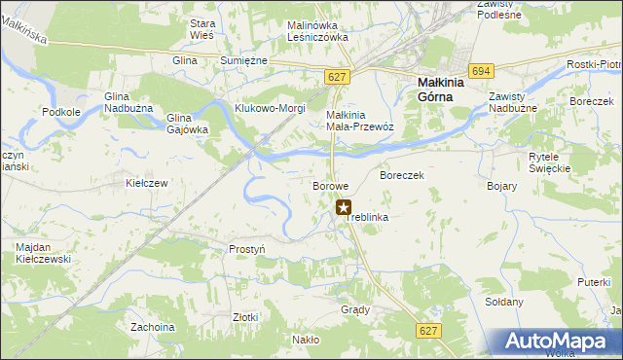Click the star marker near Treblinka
(344, 206)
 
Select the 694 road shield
(480, 71)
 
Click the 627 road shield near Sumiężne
(337, 77)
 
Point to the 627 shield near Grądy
(428, 331)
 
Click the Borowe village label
(330, 185)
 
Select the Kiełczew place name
(148, 183)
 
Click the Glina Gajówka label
(187, 124)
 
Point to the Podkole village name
(61, 112)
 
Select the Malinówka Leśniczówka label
(317, 31)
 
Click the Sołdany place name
(504, 302)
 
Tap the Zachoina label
(152, 327)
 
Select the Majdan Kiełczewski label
(47, 254)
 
